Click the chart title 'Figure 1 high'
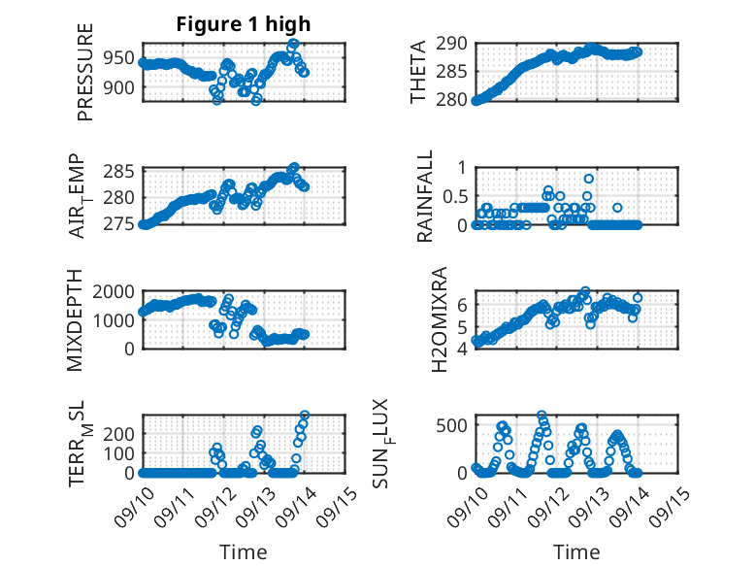[244, 24]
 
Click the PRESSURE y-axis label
[85, 79]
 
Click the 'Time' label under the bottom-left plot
[244, 552]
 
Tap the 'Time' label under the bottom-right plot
[576, 552]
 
